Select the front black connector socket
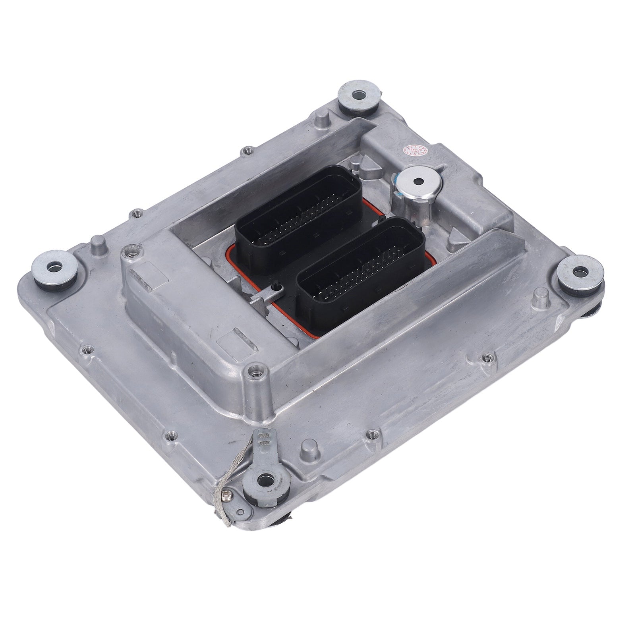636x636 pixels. (x=361, y=270)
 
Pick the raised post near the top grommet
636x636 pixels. (x=322, y=120)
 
